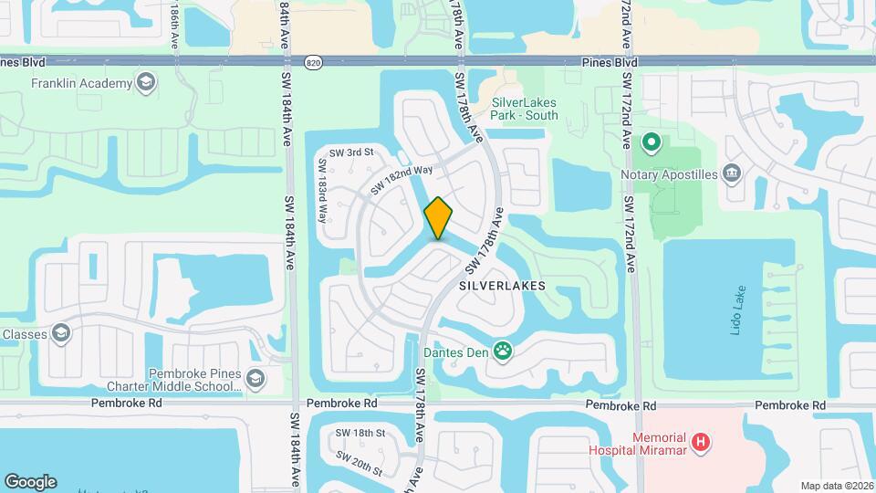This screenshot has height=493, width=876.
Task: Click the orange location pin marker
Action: point(439,218)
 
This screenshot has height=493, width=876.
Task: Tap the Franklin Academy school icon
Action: point(145,84)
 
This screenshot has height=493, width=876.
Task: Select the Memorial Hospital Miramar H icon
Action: point(700,443)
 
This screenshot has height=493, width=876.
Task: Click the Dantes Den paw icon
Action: point(502,350)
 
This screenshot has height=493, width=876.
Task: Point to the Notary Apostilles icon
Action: point(731,173)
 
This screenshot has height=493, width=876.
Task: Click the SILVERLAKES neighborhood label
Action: point(502,286)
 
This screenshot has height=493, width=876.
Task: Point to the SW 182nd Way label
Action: point(401,174)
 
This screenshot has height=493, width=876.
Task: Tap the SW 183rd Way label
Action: point(322,193)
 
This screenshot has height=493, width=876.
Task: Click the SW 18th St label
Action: point(360,433)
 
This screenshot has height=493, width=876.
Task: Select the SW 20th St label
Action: point(359,463)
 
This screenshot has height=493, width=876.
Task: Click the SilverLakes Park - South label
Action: point(525,109)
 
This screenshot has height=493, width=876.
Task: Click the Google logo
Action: point(30,481)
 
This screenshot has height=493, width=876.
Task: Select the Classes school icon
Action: point(62,332)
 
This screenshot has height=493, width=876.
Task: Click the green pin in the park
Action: point(652,142)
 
